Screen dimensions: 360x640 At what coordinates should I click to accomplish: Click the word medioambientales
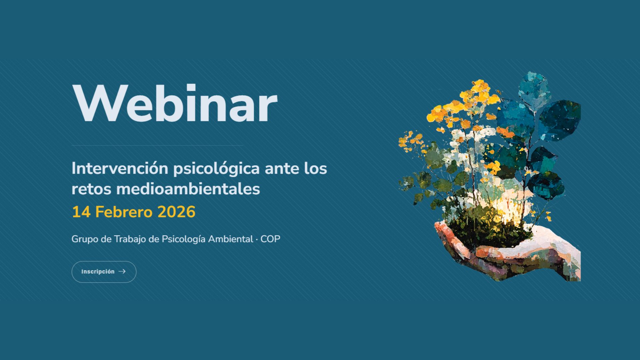(x=188, y=189)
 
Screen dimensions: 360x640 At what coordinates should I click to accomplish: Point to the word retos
(x=91, y=189)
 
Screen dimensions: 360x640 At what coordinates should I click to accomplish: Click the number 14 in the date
(x=81, y=212)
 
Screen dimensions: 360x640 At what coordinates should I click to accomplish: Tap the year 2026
(x=176, y=212)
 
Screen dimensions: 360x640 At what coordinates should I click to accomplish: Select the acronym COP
(x=270, y=239)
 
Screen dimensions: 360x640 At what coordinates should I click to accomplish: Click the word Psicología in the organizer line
(x=184, y=239)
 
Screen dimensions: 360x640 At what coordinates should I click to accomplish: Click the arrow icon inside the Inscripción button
(x=122, y=271)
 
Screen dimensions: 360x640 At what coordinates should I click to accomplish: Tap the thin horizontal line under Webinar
(x=157, y=146)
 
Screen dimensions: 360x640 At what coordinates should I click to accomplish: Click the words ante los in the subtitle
(x=296, y=169)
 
